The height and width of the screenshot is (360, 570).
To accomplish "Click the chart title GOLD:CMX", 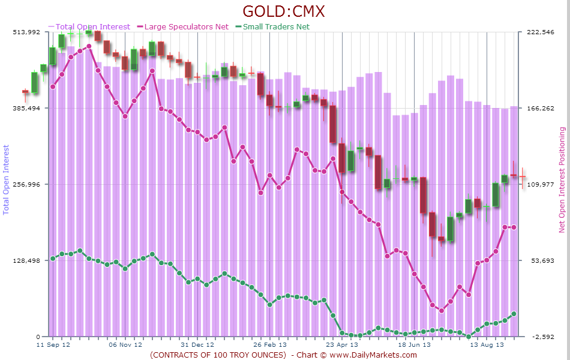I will point(284,11).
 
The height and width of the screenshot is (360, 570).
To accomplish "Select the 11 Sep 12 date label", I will point(53,345).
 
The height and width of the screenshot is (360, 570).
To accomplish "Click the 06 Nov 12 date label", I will point(125,345).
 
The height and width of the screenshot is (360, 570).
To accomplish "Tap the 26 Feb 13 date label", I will point(269,345).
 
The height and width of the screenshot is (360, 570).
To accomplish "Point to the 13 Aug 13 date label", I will point(487,345).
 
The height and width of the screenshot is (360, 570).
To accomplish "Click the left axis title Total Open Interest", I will point(7,179).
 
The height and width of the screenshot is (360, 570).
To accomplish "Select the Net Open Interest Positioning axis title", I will point(562,179).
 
